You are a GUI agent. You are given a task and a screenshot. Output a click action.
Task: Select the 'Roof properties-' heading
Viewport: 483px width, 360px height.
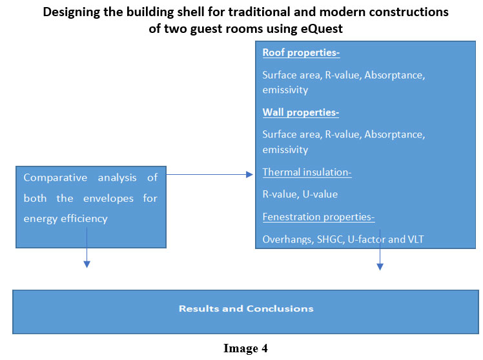click(x=301, y=53)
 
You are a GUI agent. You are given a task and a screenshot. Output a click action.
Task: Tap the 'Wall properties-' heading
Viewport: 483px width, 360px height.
click(x=301, y=113)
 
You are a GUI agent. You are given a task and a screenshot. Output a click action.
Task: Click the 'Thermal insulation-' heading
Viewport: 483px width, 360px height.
click(x=307, y=172)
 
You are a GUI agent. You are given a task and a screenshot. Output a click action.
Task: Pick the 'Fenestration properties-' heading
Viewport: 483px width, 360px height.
click(x=318, y=217)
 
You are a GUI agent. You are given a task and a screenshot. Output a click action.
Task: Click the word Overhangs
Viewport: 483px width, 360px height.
click(x=288, y=240)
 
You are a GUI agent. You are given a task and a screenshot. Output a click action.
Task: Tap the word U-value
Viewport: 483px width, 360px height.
click(x=320, y=194)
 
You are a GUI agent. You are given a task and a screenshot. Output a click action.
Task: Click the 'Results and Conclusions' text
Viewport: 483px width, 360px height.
click(x=246, y=308)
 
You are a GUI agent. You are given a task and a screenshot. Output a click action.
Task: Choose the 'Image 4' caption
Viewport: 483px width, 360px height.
click(x=245, y=348)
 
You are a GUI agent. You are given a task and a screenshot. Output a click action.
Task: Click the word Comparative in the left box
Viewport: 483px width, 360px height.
click(x=56, y=178)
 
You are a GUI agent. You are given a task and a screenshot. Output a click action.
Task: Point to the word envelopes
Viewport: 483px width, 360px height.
click(x=108, y=199)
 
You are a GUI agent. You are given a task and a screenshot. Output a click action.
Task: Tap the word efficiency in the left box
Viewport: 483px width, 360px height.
click(x=84, y=219)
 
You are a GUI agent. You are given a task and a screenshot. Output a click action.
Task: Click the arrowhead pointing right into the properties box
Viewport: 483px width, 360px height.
click(x=249, y=175)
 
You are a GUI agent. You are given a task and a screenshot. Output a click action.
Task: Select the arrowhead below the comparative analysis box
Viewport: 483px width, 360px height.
click(x=87, y=265)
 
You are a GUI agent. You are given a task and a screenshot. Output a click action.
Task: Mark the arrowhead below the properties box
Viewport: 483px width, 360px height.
click(x=380, y=266)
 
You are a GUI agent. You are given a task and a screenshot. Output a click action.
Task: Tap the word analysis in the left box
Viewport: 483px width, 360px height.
click(x=117, y=178)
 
